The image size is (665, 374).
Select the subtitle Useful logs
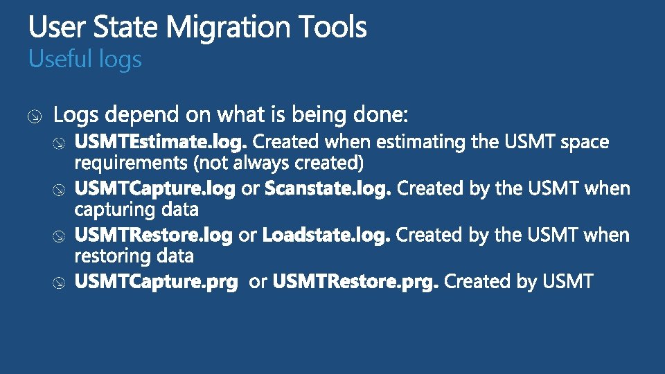(85, 60)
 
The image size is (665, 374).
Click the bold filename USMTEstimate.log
(161, 143)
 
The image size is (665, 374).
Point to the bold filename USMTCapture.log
(155, 188)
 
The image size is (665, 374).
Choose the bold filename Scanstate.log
(328, 188)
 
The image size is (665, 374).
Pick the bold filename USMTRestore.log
(153, 235)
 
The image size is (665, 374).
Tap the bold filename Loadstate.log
(326, 235)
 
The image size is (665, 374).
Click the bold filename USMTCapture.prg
(156, 282)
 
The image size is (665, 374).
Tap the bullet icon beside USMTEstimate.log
(60, 143)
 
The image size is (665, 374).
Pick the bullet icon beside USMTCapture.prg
(60, 283)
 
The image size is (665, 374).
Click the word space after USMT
(585, 143)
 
